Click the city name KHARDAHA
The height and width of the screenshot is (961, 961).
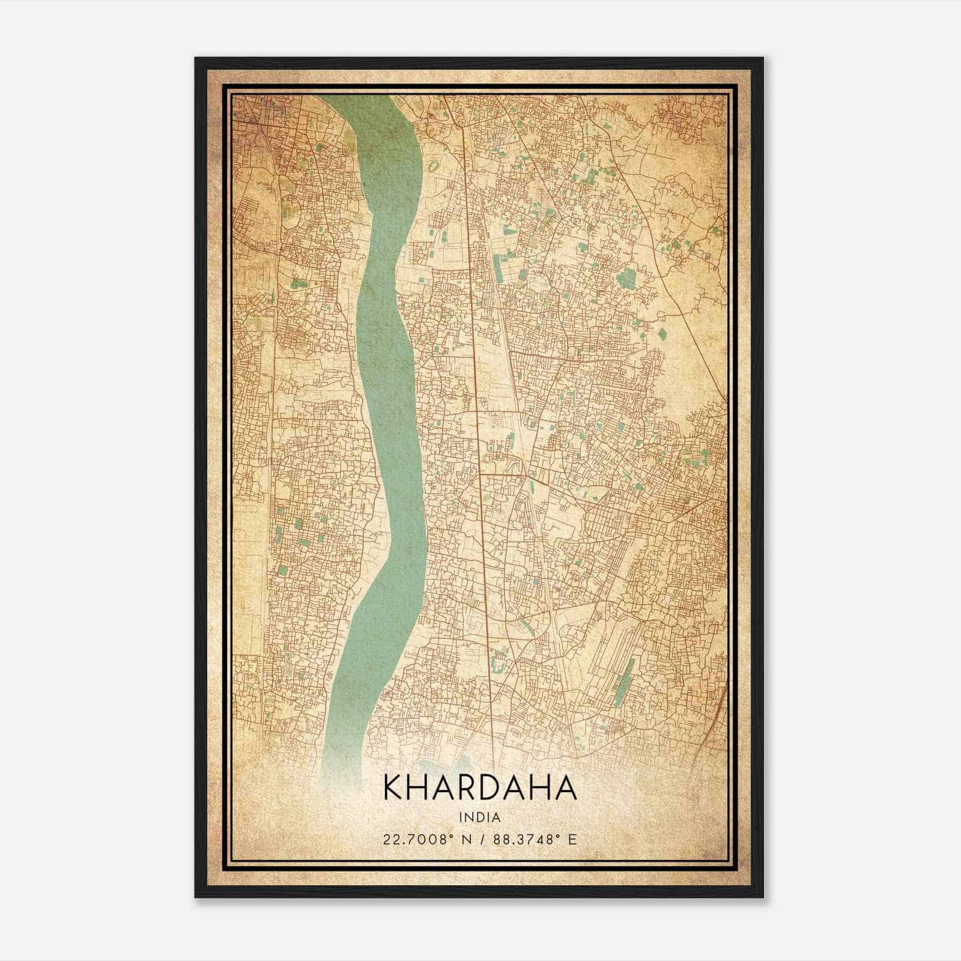[x=479, y=788]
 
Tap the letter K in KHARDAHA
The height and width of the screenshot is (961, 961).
[x=392, y=788]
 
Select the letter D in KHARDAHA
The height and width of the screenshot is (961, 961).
[x=496, y=788]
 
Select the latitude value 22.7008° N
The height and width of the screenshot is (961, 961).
[x=420, y=839]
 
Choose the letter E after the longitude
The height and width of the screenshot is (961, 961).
[x=572, y=839]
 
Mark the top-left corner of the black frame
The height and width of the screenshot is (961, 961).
[x=196, y=58]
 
